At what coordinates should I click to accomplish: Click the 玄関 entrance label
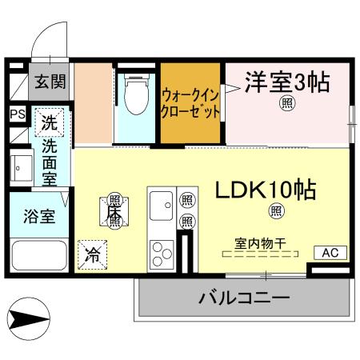coord(50,82)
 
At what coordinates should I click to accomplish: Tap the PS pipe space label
coord(17,114)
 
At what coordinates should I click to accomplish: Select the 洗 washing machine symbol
coord(50,125)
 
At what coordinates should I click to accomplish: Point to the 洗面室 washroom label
coord(50,164)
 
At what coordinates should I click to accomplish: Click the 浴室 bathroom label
coord(38,218)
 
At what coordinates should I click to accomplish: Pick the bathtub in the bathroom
coord(38,257)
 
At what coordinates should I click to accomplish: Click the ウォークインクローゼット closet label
coord(190,104)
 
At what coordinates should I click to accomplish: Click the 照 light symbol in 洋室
coord(286,103)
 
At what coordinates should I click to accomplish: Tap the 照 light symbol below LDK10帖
coord(277,211)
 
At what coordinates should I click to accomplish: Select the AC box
coord(330,253)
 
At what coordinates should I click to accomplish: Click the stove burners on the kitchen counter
coord(162,253)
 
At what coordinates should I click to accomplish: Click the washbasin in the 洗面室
coord(20,169)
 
